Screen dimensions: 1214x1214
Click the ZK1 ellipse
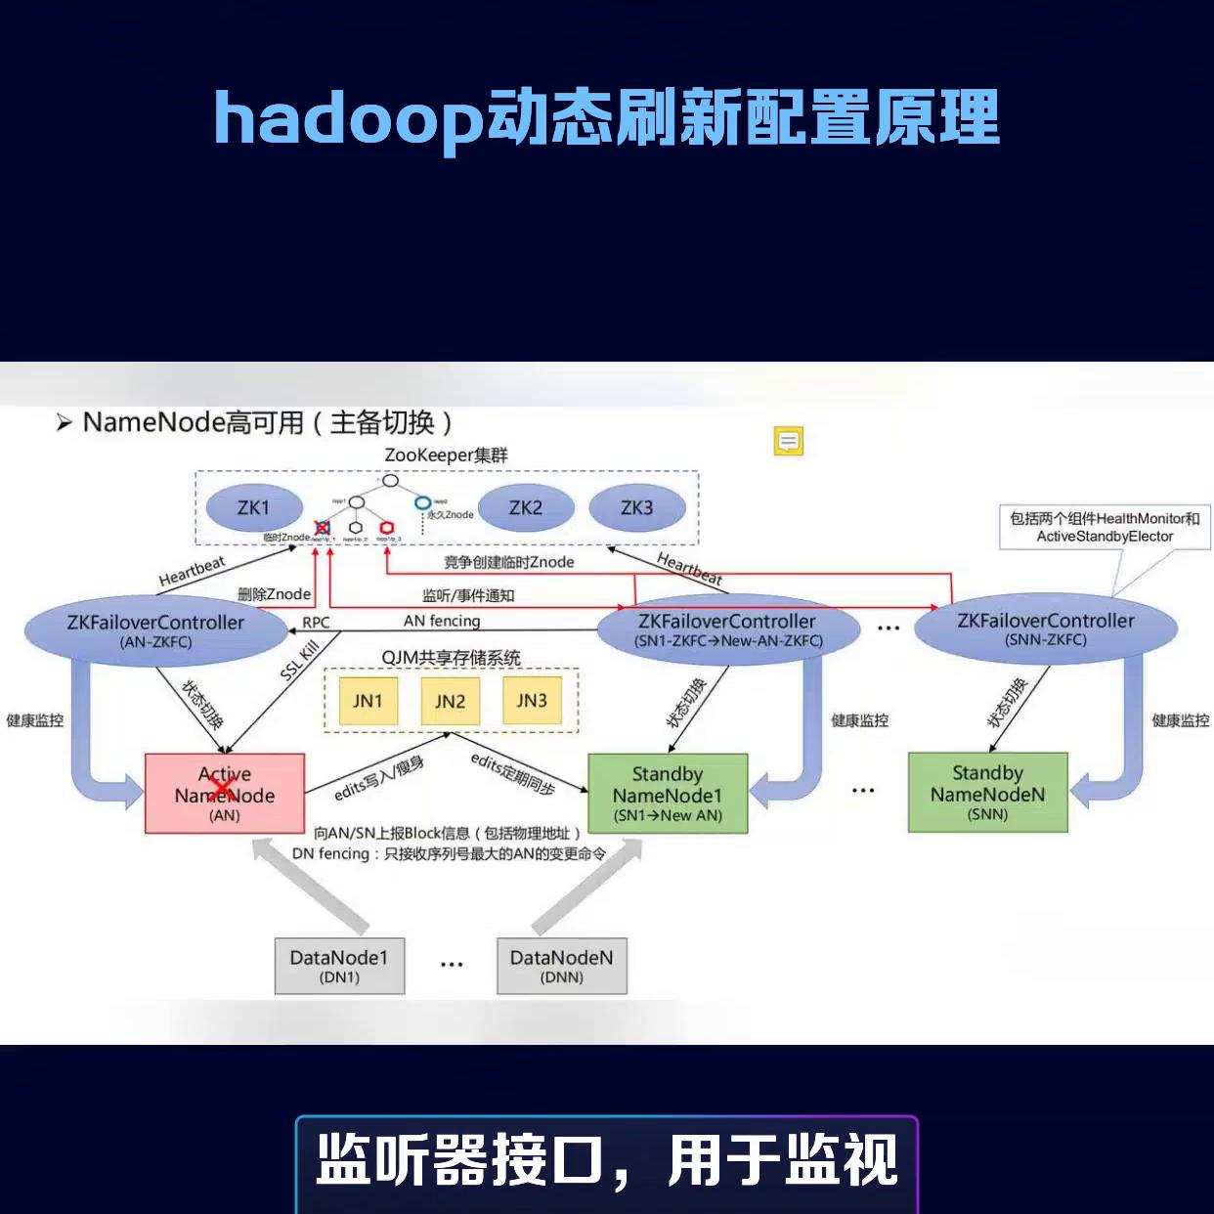[x=253, y=508]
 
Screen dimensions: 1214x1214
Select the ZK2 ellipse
[x=525, y=508]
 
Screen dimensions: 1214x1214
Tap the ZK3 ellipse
[x=636, y=508]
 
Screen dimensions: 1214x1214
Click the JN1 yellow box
[x=368, y=701]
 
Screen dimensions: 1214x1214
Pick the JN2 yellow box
[x=450, y=701]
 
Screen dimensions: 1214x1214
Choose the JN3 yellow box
[x=532, y=701]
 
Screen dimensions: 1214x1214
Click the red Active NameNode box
[x=225, y=793]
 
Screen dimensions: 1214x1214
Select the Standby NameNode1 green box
[x=668, y=793]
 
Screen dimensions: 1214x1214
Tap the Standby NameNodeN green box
[x=987, y=793]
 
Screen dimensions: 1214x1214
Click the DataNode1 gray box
[x=339, y=966]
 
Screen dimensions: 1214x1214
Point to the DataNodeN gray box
[x=562, y=966]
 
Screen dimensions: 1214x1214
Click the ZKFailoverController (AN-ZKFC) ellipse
[x=155, y=630]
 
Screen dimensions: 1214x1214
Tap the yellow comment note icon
[x=789, y=442]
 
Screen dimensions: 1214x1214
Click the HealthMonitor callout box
[x=1105, y=527]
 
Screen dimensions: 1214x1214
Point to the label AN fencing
[x=442, y=621]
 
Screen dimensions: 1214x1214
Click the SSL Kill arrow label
[x=299, y=662]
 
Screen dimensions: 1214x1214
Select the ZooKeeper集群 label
[x=446, y=455]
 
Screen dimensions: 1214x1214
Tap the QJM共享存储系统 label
[x=451, y=658]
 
